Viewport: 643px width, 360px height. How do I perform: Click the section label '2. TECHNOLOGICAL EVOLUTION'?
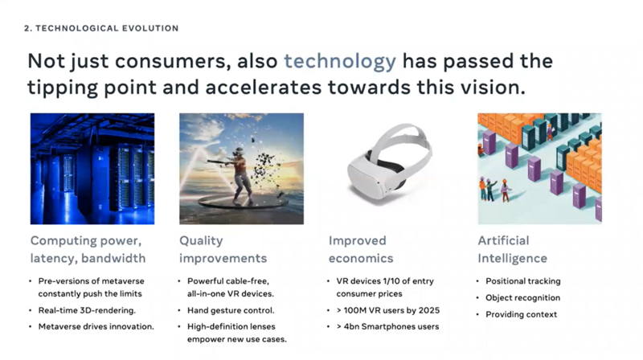[101, 28]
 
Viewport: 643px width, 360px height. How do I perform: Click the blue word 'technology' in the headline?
[340, 62]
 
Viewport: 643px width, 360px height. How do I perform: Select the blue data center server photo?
[92, 169]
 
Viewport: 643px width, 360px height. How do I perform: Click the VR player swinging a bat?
[239, 174]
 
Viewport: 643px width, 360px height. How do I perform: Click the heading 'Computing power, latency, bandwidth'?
[88, 249]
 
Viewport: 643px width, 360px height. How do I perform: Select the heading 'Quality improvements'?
[223, 249]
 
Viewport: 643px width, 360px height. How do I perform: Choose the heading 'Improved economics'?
[361, 249]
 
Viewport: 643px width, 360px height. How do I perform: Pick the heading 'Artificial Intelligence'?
[512, 249]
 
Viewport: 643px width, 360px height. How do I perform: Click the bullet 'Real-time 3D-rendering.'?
[87, 310]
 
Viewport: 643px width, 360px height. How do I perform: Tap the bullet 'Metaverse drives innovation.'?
[96, 327]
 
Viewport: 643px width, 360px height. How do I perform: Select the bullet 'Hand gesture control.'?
[231, 310]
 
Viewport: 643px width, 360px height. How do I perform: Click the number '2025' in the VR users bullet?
[428, 310]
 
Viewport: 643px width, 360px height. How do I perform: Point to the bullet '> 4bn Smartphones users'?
[387, 327]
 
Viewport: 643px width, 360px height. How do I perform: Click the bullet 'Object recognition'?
[523, 297]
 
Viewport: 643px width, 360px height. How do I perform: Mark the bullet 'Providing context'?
[521, 314]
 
